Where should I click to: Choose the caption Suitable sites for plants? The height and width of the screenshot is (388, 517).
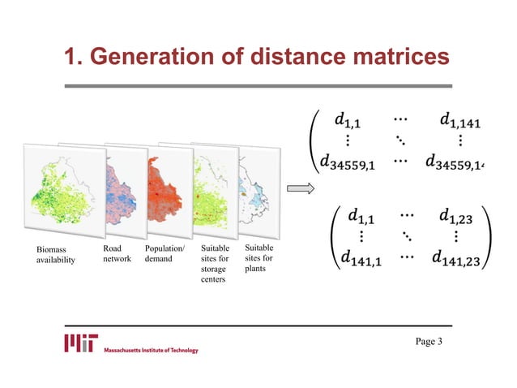tap(259, 257)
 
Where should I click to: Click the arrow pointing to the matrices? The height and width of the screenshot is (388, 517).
tap(300, 189)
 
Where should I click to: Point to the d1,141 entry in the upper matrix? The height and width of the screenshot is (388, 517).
tap(459, 123)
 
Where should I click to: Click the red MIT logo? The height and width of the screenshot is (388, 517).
tap(81, 342)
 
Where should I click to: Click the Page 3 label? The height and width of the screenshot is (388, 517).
tap(429, 341)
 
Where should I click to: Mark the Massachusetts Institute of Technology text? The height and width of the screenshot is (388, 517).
tap(151, 350)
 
